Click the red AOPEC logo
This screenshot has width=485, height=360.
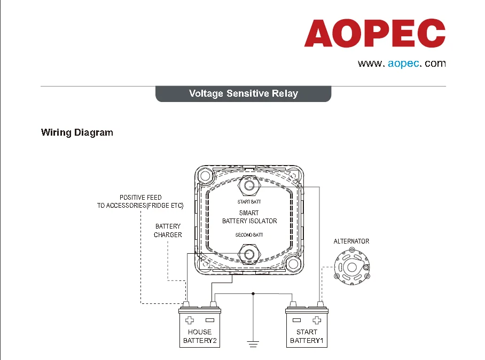point(374,33)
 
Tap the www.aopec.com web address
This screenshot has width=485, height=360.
point(401,64)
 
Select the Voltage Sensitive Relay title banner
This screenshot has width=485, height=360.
point(243,93)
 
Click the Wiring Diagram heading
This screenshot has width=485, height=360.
point(77,132)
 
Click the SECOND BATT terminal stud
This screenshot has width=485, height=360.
point(248,252)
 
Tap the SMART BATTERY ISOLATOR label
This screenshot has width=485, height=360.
point(249,217)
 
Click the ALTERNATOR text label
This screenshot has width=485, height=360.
point(351,241)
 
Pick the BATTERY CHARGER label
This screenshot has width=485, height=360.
point(168,231)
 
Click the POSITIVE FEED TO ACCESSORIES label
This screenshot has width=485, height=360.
point(140,201)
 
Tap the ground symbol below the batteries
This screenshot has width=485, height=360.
point(253,342)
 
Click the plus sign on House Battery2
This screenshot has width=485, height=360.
point(190,320)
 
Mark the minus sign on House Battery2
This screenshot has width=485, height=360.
point(209,320)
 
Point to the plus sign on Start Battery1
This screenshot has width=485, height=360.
point(317,320)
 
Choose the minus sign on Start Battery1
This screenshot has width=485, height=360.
point(297,320)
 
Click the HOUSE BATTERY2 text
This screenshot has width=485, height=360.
point(200,336)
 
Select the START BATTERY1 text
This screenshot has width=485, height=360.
point(307,336)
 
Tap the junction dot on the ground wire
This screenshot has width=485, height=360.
point(253,293)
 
